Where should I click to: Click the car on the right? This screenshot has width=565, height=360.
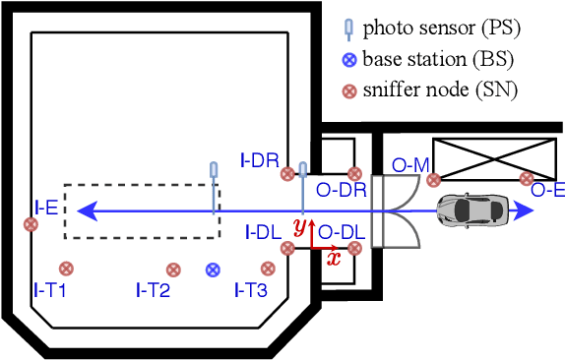pos(472,209)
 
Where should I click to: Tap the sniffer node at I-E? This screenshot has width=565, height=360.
pos(31,224)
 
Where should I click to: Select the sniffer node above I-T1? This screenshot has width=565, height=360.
pos(66,269)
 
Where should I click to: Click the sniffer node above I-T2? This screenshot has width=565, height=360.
pos(173,270)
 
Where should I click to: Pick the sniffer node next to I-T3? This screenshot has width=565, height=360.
pos(266,269)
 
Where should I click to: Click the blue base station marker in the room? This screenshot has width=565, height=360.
pos(213,270)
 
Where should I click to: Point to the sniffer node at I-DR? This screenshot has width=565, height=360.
pos(287,174)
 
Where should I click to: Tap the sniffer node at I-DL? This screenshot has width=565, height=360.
pos(287,249)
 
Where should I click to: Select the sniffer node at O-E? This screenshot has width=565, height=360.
pos(527,179)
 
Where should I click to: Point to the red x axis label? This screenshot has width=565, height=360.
pos(334,259)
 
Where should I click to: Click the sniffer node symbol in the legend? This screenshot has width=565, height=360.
pos(347,91)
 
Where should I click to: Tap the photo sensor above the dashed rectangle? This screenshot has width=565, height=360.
pos(214,171)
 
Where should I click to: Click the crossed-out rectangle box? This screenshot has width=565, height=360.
pos(494,158)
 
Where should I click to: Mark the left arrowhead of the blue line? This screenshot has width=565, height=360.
pos(85,209)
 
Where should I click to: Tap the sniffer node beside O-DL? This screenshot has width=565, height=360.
pos(355,249)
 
